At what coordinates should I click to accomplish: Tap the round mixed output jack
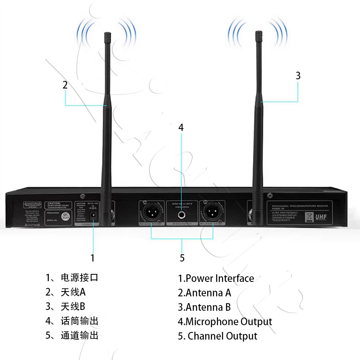[182, 214]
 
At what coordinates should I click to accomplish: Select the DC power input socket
[94, 215]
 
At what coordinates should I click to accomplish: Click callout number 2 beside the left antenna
[65, 85]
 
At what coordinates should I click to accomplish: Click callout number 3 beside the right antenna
[298, 76]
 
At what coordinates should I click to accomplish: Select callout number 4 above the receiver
[181, 128]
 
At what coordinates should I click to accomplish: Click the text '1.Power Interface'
[216, 278]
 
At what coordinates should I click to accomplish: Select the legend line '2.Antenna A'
[204, 293]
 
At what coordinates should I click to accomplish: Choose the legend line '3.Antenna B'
[204, 307]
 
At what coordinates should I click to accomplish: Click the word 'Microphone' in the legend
[212, 322]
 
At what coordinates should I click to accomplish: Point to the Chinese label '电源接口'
[79, 278]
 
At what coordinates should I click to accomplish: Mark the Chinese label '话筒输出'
[79, 321]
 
